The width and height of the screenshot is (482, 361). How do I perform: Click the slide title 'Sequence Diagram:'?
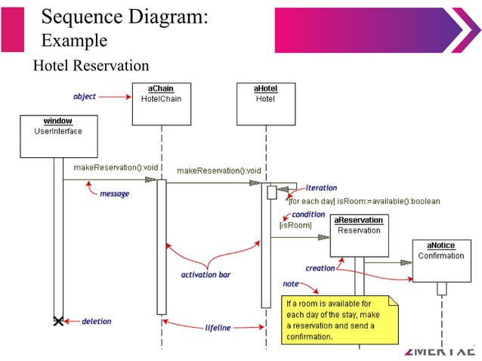pyautogui.click(x=124, y=16)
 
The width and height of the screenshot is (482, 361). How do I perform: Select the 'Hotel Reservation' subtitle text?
pyautogui.click(x=91, y=66)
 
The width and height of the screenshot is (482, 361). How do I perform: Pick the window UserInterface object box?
pyautogui.click(x=57, y=135)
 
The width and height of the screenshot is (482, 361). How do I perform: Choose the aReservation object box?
pyautogui.click(x=358, y=235)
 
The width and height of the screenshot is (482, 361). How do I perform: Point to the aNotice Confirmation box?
pyautogui.click(x=441, y=261)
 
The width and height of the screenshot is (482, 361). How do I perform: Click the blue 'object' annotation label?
pyautogui.click(x=84, y=97)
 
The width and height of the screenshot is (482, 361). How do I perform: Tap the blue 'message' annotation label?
pyautogui.click(x=114, y=194)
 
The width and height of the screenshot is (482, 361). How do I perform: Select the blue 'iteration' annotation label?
pyautogui.click(x=321, y=188)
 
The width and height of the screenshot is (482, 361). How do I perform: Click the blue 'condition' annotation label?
pyautogui.click(x=308, y=214)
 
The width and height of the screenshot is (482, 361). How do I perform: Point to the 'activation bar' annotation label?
pyautogui.click(x=205, y=275)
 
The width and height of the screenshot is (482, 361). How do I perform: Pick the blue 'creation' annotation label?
pyautogui.click(x=320, y=268)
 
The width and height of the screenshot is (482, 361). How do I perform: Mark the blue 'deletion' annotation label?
pyautogui.click(x=96, y=322)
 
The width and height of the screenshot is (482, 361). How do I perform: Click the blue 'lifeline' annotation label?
pyautogui.click(x=218, y=328)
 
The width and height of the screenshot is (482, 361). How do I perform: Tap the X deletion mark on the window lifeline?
pyautogui.click(x=58, y=322)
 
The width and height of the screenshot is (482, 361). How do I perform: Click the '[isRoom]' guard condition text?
pyautogui.click(x=295, y=225)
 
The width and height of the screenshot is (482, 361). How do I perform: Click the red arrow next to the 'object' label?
pyautogui.click(x=115, y=97)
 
